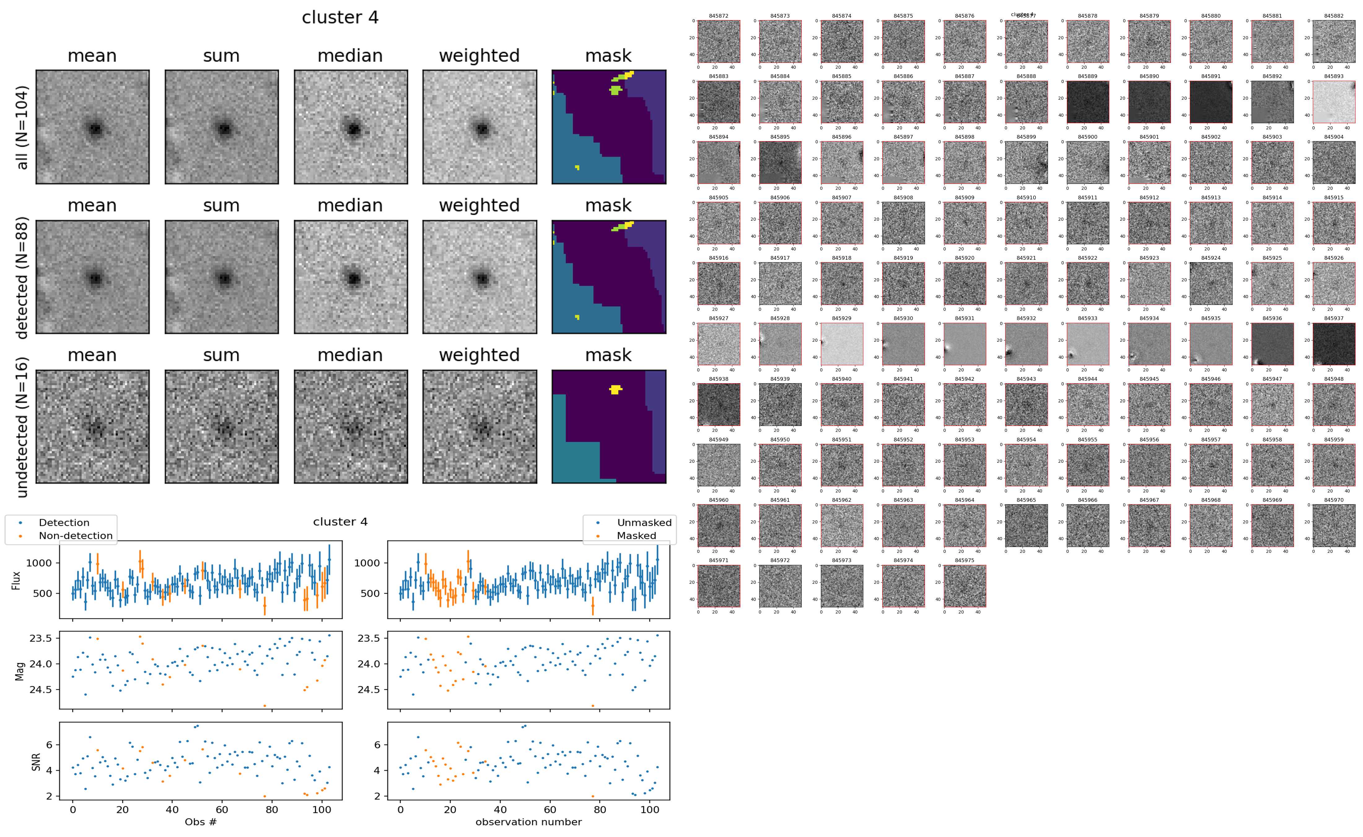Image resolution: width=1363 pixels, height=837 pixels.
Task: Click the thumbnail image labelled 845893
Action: click(1334, 102)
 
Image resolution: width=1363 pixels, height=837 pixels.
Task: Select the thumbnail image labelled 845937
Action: click(1334, 344)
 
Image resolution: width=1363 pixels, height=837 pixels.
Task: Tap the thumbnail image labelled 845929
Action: click(841, 344)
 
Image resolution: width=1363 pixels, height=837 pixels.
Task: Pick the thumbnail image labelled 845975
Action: click(964, 586)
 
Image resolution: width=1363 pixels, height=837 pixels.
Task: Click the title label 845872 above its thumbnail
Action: click(718, 16)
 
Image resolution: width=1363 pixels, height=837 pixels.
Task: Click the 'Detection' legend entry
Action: click(64, 523)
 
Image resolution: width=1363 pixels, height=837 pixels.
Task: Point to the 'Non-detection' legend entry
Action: click(75, 535)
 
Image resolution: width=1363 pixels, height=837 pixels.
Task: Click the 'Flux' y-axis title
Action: click(16, 579)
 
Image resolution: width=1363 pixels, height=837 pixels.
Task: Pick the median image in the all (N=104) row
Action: click(351, 127)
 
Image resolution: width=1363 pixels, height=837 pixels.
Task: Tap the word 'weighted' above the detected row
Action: click(479, 205)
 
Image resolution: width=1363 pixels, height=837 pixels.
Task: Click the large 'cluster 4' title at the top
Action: click(340, 18)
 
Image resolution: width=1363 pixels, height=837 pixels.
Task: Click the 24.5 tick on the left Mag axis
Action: click(41, 689)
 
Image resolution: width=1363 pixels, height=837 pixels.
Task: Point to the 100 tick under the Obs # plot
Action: click(322, 809)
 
